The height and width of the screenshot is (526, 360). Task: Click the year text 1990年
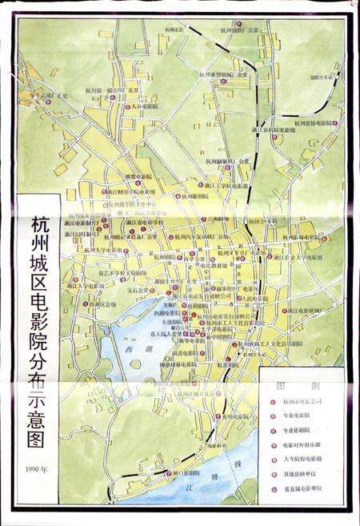tap(36, 468)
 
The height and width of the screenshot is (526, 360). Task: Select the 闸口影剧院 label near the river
tap(181, 474)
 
